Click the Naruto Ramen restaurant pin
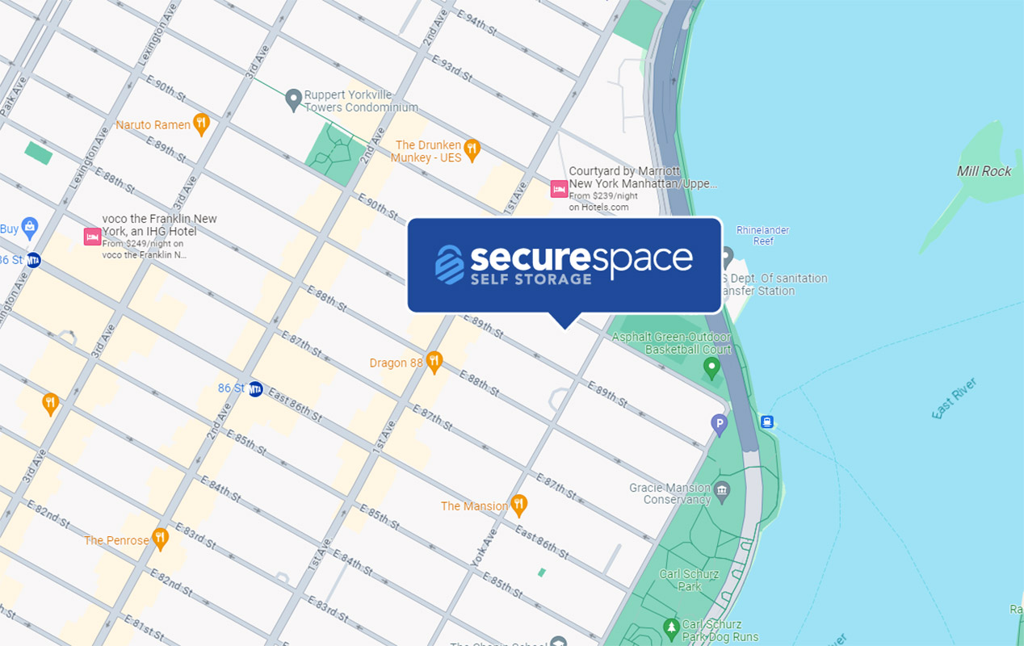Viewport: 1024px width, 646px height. point(201,124)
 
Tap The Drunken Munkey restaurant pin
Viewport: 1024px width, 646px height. point(472,149)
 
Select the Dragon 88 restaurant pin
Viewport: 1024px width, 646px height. point(434,362)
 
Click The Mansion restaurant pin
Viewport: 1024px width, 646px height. point(519,505)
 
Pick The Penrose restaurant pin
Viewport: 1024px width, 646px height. point(161,539)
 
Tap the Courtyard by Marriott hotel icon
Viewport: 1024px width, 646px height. point(559,189)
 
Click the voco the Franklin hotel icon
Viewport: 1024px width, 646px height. point(92,237)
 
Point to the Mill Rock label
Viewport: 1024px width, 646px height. point(984,171)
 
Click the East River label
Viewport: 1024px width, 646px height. point(955,399)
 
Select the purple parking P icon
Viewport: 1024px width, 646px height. point(719,422)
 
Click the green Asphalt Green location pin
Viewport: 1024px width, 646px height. point(711,368)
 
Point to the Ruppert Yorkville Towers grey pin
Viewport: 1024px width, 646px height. point(293,99)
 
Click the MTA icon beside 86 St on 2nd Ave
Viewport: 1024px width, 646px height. point(256,388)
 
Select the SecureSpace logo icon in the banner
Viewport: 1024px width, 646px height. point(450,264)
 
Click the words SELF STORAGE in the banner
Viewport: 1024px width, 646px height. point(531,279)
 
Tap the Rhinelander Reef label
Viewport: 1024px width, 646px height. point(762,235)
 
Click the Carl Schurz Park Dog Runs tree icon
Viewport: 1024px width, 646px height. point(670,627)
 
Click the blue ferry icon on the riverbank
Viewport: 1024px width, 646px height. point(767,422)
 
